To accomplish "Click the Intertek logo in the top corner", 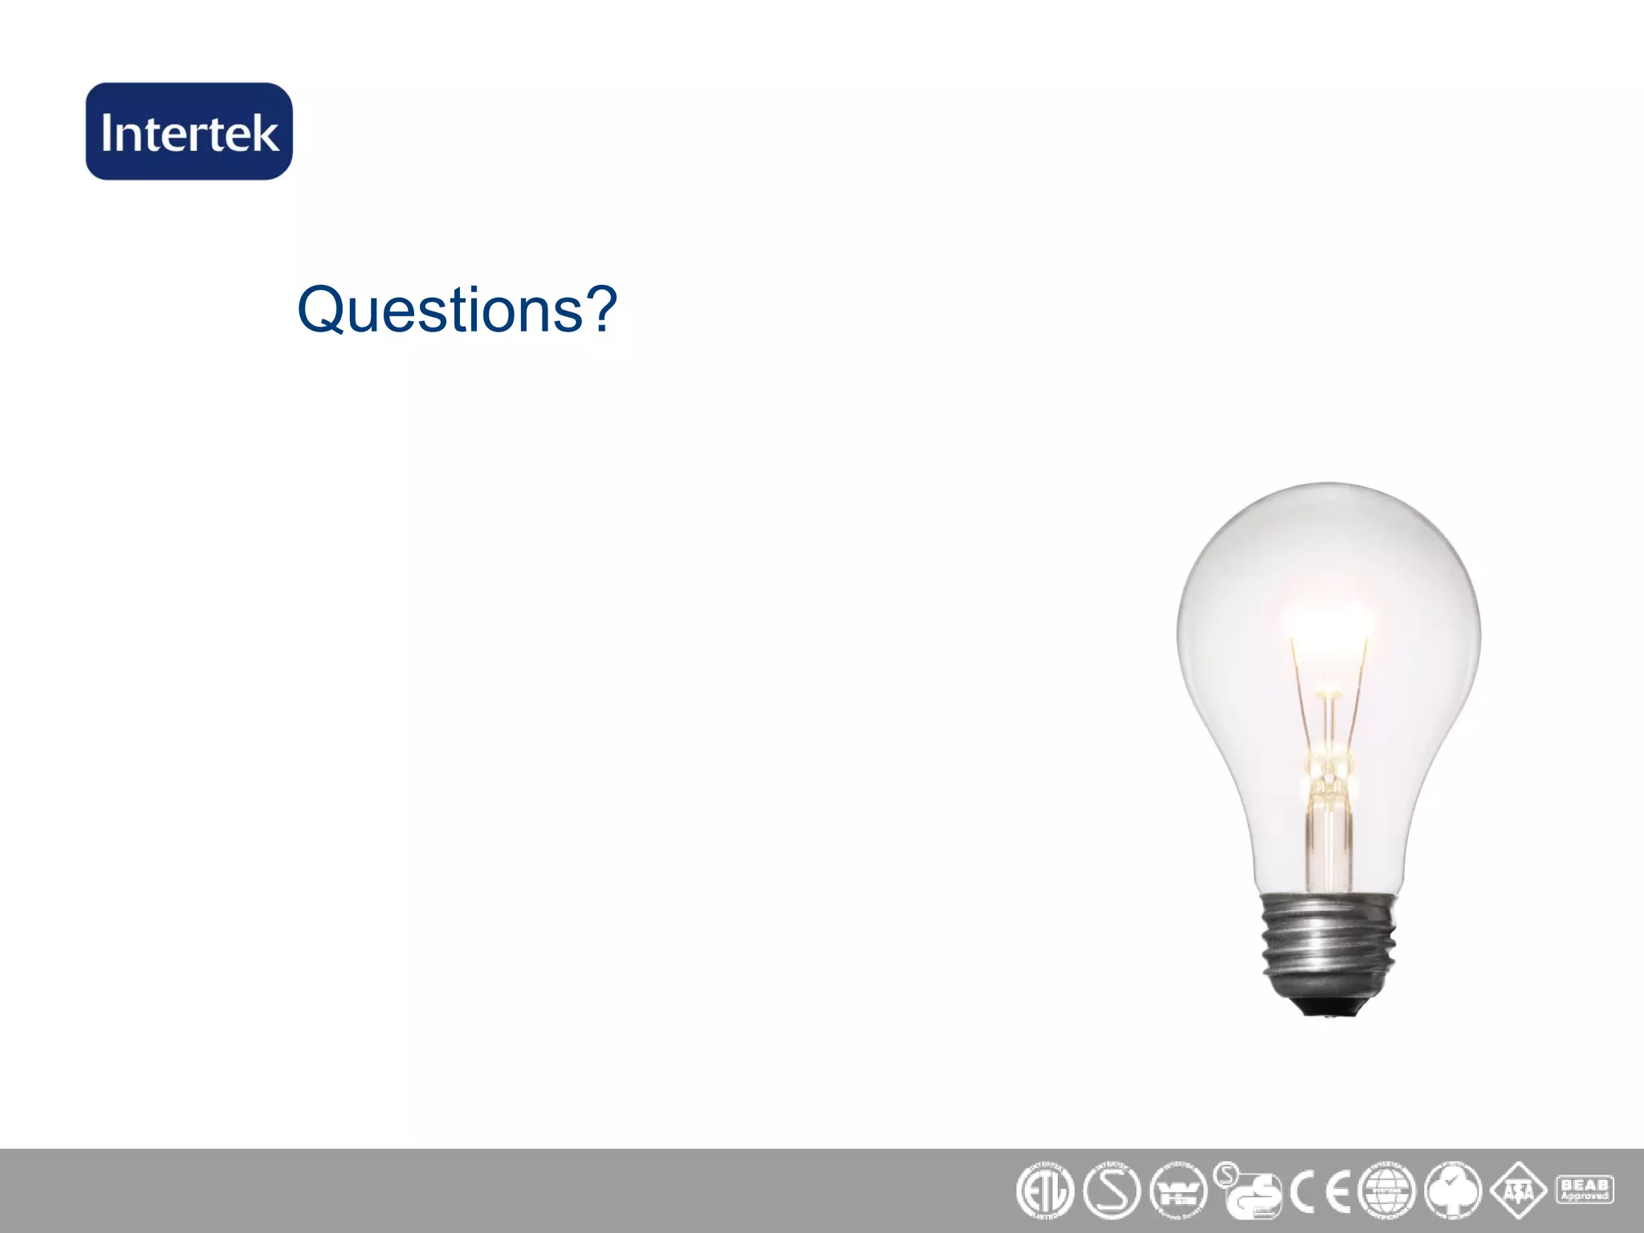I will coord(189,132).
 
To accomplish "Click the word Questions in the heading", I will coord(440,310).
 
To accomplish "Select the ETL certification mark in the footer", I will coord(1044,1191).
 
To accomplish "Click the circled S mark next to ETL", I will coord(1112,1191).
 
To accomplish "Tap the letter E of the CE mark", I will coord(1337,1193).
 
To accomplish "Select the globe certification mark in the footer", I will coord(1386,1191).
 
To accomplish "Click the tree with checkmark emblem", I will coord(1453,1191).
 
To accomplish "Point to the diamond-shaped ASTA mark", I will coord(1518,1191).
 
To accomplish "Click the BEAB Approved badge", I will coord(1585,1189).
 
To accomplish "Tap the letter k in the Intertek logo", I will coord(266,132).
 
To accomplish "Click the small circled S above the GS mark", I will coord(1226,1176).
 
